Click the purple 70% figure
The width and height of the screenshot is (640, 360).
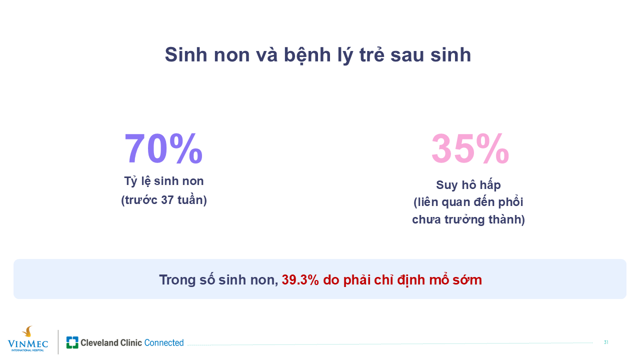[163, 148]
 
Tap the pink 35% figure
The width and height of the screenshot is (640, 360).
[470, 148]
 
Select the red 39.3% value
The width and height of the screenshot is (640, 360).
[300, 279]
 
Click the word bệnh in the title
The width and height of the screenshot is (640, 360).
[307, 55]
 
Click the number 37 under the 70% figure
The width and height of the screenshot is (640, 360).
[167, 200]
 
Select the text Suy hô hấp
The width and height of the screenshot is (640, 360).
[468, 185]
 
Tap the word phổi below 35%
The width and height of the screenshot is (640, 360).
[511, 202]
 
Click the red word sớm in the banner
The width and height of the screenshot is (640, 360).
[467, 279]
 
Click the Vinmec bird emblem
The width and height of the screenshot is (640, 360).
[27, 331]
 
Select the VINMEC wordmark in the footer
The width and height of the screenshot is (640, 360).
[27, 343]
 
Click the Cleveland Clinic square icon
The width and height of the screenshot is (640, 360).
[72, 342]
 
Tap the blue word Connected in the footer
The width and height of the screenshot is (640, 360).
[164, 342]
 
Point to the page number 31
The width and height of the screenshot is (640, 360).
[606, 342]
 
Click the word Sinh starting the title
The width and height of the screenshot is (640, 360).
[186, 55]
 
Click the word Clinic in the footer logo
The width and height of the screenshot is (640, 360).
[131, 342]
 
